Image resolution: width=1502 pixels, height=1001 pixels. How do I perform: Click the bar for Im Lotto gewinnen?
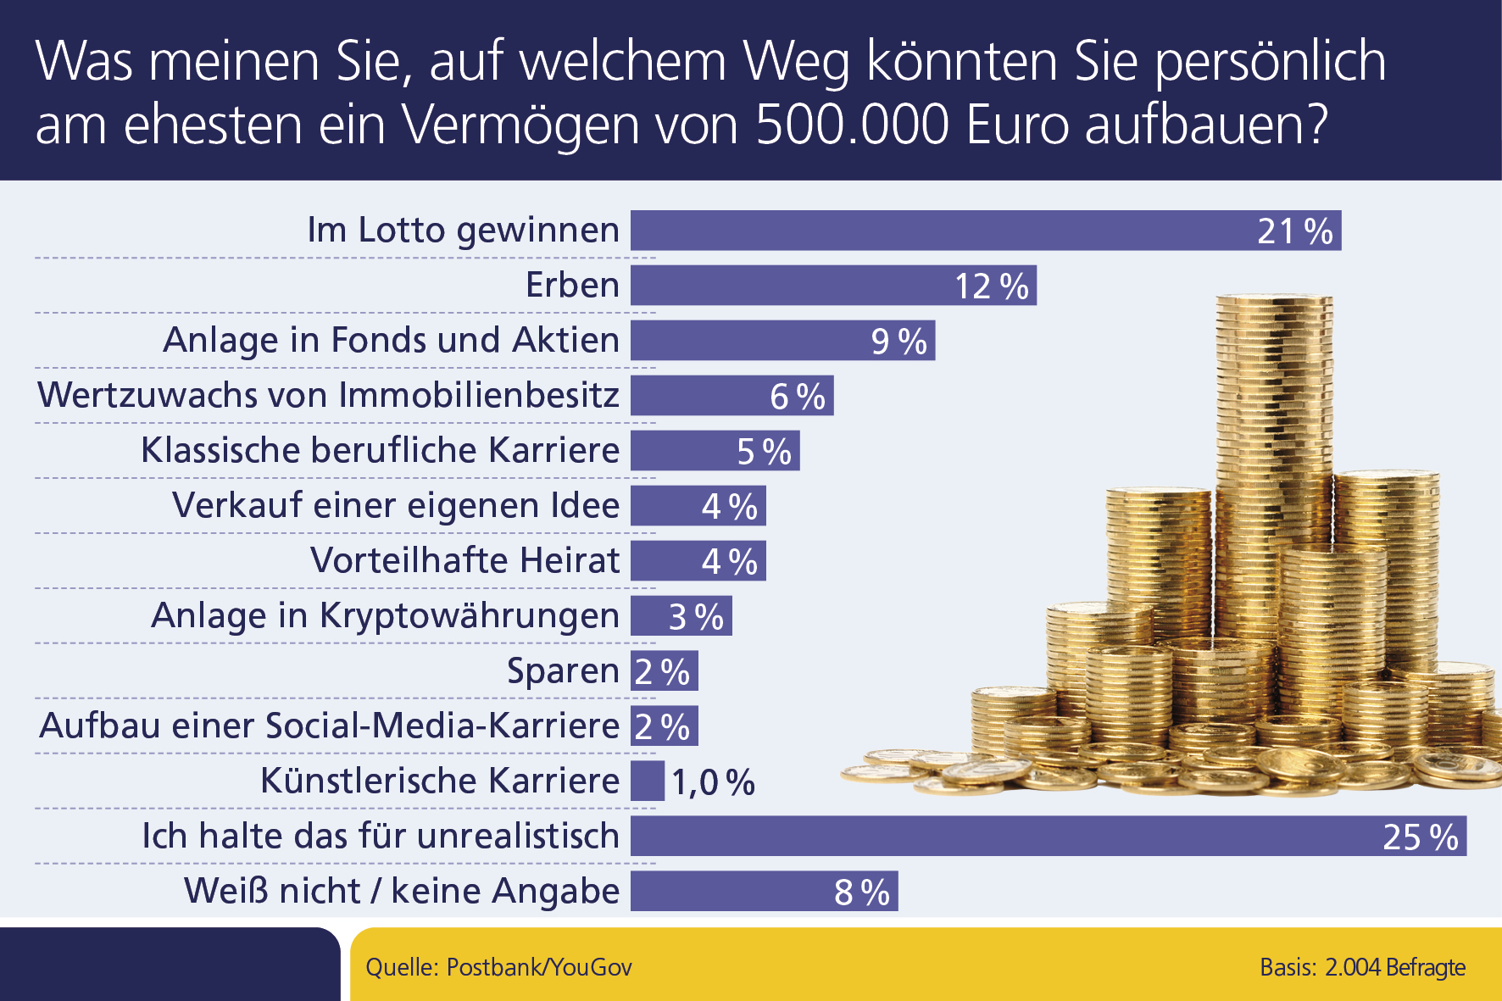(x=932, y=231)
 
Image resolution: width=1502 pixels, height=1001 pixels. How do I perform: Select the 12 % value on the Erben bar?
(x=991, y=286)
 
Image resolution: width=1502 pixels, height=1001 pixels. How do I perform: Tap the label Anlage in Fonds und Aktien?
(x=391, y=340)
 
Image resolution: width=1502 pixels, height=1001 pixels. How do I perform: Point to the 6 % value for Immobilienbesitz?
(x=797, y=397)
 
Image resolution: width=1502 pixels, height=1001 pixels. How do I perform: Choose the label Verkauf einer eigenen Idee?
(x=396, y=505)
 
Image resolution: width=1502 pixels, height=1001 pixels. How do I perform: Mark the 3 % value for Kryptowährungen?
(x=696, y=617)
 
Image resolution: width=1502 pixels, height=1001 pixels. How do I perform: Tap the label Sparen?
(x=563, y=670)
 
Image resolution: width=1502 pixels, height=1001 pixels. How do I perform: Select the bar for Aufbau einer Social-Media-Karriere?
(x=664, y=726)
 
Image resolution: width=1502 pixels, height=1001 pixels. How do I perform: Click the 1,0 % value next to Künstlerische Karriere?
(x=713, y=782)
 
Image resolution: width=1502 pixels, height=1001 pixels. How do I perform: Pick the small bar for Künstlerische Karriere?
(x=648, y=781)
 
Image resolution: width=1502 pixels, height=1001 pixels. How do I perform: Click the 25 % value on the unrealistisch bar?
(x=1420, y=837)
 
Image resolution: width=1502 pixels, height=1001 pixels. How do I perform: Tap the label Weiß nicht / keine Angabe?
(x=402, y=891)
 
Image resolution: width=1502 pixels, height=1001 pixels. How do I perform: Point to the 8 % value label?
(x=861, y=893)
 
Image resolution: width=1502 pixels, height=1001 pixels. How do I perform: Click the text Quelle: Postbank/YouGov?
(x=498, y=967)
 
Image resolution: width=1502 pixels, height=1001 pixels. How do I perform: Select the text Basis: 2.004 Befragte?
(x=1362, y=967)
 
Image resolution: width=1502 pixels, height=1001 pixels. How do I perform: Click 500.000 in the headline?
(x=852, y=125)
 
